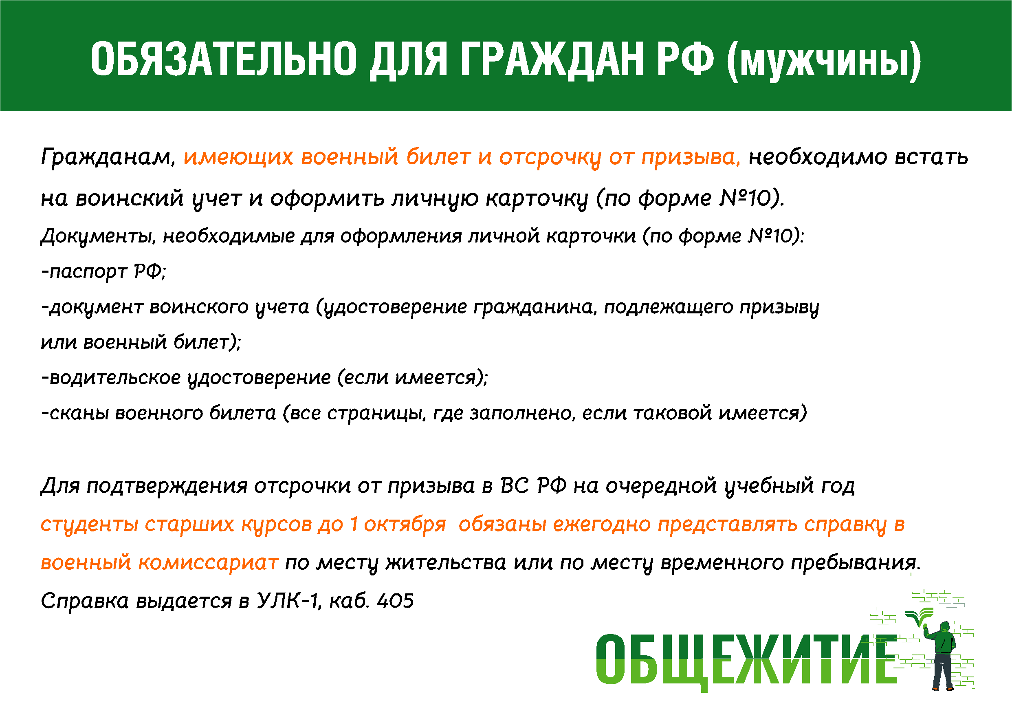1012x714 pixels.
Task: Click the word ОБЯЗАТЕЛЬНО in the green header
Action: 224,59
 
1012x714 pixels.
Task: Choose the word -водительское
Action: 111,378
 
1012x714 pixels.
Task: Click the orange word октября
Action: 405,525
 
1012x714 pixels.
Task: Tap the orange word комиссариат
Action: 209,563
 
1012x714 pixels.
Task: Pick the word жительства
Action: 446,563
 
